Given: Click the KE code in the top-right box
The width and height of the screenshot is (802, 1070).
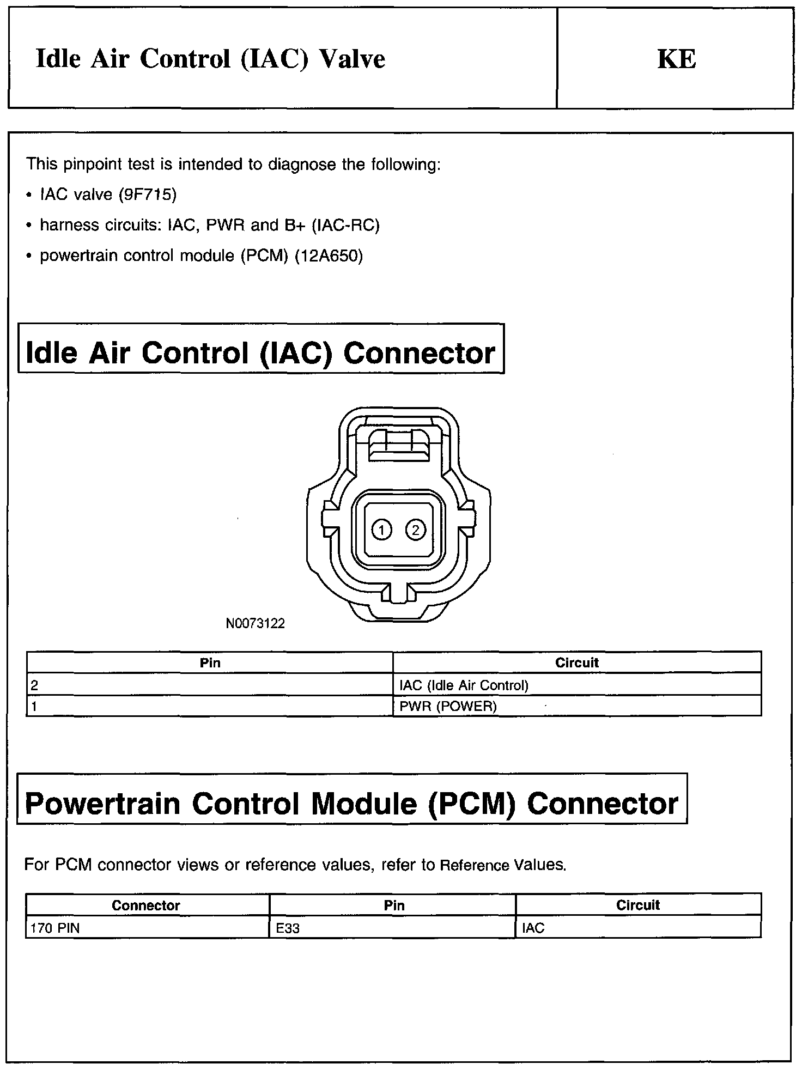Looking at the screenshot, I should pyautogui.click(x=676, y=59).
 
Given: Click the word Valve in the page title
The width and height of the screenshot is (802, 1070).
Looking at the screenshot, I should pyautogui.click(x=352, y=59).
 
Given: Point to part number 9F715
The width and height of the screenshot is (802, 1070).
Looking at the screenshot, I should pyautogui.click(x=148, y=194).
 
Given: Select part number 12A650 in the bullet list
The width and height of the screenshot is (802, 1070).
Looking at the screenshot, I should pyautogui.click(x=329, y=256).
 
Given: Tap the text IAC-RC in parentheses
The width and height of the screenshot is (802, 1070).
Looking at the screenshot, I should pyautogui.click(x=345, y=225).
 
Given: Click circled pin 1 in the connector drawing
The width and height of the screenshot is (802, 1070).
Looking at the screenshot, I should pyautogui.click(x=382, y=530).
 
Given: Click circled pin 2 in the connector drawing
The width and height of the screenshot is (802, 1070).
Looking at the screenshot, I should pyautogui.click(x=415, y=530).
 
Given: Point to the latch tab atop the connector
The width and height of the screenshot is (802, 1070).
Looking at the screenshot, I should pyautogui.click(x=398, y=443).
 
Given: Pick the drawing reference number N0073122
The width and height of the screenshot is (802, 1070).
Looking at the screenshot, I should pyautogui.click(x=255, y=624).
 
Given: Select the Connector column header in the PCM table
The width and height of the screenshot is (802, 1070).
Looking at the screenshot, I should pyautogui.click(x=145, y=905).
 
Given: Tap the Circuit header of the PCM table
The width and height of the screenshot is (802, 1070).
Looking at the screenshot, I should pyautogui.click(x=637, y=905).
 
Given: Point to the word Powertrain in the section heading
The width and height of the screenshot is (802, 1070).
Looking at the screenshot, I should pyautogui.click(x=102, y=804).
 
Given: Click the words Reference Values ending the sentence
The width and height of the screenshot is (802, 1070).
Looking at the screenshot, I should pyautogui.click(x=502, y=865).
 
